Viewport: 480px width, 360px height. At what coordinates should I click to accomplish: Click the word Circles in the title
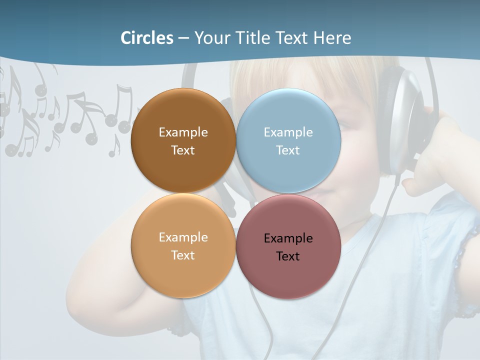coord(146,38)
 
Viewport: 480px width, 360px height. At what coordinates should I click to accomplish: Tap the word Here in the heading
coord(332,38)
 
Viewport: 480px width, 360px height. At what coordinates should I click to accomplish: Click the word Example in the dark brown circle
coord(183,132)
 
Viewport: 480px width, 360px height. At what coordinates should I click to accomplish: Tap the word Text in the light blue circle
coord(288,150)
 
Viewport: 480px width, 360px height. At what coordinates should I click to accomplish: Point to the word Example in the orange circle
coord(183,237)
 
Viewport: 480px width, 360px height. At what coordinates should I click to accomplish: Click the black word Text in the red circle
coord(288,256)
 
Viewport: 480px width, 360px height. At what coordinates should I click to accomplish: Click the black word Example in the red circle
coord(288,238)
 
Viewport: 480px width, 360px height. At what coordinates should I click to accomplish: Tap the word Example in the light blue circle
coord(288,132)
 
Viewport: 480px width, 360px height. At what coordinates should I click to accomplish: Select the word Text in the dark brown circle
coord(183,150)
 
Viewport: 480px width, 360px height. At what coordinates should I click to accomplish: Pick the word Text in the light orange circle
coord(183,255)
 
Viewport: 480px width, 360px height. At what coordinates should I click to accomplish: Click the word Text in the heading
coord(290,38)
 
